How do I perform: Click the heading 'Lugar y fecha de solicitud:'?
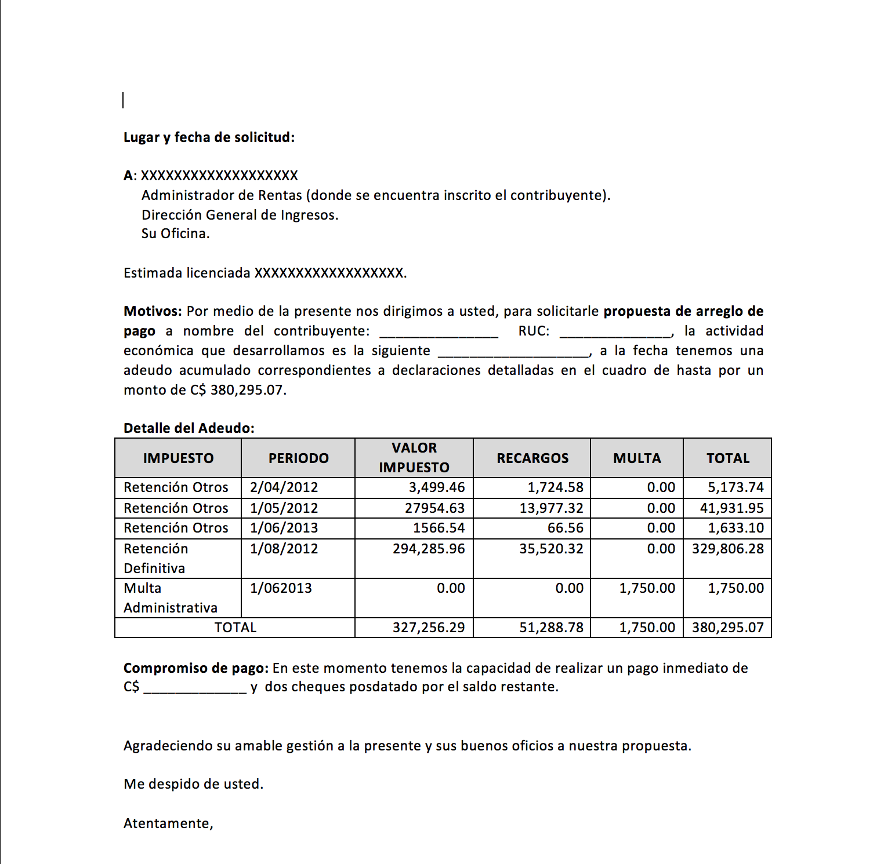pyautogui.click(x=209, y=137)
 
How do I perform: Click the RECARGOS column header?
pyautogui.click(x=532, y=458)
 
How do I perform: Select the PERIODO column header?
pyautogui.click(x=298, y=458)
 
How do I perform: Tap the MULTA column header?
pyautogui.click(x=637, y=458)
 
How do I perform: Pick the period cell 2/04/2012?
pyautogui.click(x=284, y=487)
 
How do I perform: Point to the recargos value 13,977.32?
pyautogui.click(x=551, y=508)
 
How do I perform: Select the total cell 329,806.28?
pyautogui.click(x=727, y=549)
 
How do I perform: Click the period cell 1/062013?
pyautogui.click(x=281, y=588)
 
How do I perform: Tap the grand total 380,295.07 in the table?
pyautogui.click(x=727, y=628)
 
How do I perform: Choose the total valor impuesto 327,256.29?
pyautogui.click(x=429, y=628)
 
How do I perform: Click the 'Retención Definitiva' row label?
pyautogui.click(x=155, y=558)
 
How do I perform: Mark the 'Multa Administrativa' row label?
pyautogui.click(x=170, y=597)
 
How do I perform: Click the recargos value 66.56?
pyautogui.click(x=565, y=528)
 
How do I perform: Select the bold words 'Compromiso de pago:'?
pyautogui.click(x=196, y=668)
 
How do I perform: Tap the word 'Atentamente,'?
pyautogui.click(x=168, y=823)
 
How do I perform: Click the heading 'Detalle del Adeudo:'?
pyautogui.click(x=189, y=428)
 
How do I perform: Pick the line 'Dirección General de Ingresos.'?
pyautogui.click(x=240, y=215)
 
